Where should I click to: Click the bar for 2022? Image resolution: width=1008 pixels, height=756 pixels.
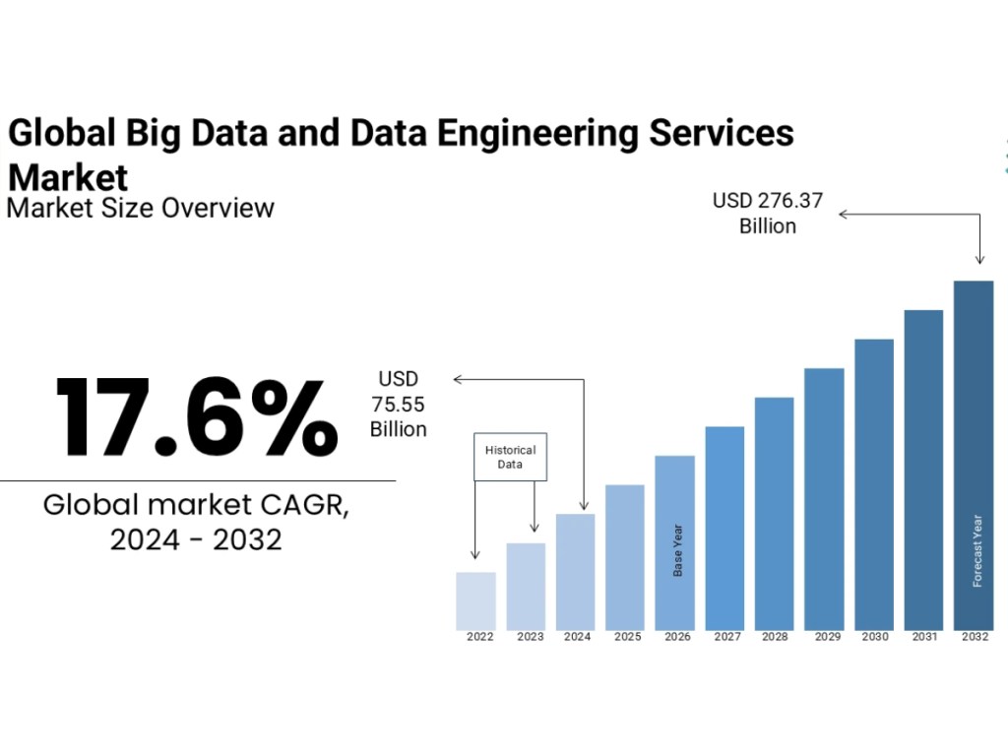475,600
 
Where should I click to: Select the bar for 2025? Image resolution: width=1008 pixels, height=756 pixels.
625,557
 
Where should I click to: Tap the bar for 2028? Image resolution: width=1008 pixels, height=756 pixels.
775,513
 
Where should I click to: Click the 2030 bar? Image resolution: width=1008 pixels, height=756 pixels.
874,484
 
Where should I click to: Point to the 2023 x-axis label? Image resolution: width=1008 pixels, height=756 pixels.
530,638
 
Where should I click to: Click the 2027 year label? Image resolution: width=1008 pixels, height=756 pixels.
727,638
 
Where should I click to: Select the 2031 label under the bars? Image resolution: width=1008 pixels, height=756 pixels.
923,638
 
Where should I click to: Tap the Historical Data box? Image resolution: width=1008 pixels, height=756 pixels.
510,457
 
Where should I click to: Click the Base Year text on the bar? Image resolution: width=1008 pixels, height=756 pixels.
677,550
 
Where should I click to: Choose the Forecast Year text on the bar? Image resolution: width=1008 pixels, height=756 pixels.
977,551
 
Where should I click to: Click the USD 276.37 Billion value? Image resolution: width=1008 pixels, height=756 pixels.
768,214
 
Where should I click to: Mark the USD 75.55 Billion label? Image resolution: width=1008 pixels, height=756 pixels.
399,404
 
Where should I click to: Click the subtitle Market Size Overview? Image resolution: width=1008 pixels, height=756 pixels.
141,208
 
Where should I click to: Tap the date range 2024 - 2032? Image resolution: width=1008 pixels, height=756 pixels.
196,539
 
